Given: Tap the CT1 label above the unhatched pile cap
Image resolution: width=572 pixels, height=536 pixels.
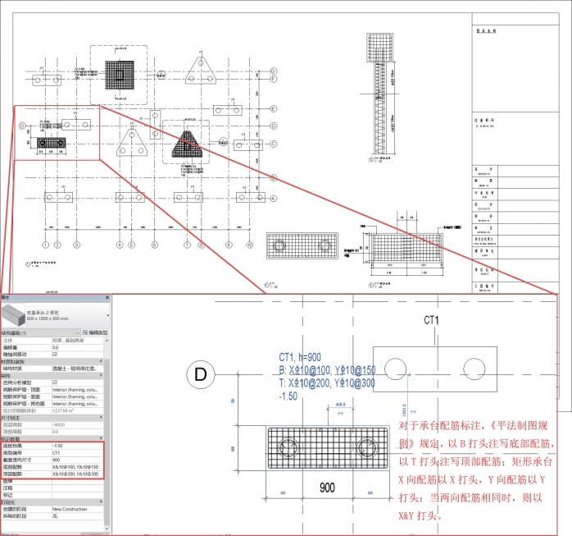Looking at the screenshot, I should click(x=432, y=319).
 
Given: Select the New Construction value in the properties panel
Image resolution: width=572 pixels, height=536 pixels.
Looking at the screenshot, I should click(x=70, y=509).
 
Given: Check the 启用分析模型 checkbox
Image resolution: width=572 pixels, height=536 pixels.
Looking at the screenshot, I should click(x=55, y=383).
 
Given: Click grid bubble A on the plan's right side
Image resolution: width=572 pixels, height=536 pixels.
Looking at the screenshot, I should click(x=273, y=197).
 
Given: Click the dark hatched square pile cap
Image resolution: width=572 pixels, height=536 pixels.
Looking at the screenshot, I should click(x=120, y=74).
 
